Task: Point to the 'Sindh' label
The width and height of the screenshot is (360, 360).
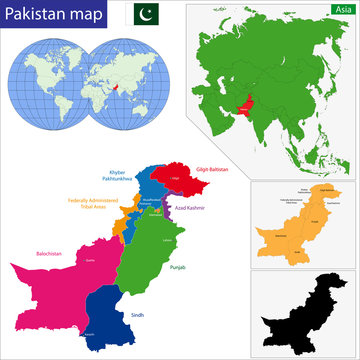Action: click(x=137, y=315)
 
